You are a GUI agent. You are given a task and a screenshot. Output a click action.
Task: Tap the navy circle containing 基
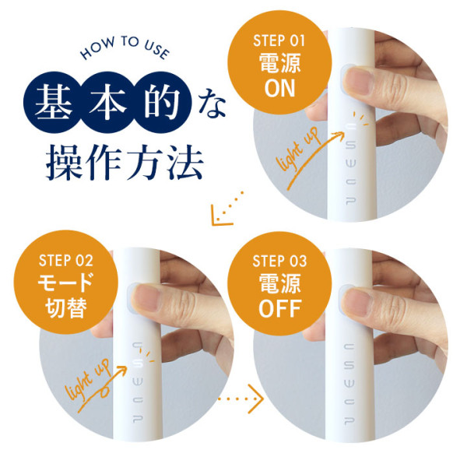(54, 102)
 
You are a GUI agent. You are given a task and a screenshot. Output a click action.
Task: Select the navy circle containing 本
(107, 102)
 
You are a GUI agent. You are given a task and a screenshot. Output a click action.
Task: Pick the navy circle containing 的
(162, 102)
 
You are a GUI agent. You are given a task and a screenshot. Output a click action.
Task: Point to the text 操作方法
(125, 162)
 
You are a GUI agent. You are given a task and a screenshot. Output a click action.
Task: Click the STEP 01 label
(279, 40)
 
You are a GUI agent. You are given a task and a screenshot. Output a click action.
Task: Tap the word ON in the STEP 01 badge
(279, 88)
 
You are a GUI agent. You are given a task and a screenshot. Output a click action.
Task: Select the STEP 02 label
(66, 261)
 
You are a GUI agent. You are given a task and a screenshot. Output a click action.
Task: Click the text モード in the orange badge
(66, 283)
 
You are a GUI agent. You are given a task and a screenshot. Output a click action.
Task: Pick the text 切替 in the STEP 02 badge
(66, 307)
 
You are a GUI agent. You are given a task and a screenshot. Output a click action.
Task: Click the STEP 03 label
(279, 262)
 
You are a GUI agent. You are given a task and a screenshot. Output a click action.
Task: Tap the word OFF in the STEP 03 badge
(280, 308)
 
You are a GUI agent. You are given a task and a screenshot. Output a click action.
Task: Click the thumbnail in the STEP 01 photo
(360, 80)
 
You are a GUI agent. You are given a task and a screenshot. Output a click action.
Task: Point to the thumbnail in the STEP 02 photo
(146, 297)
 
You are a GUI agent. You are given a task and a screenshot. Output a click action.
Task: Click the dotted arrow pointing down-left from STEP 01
(226, 209)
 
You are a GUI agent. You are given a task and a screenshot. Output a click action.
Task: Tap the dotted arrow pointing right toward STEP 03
(241, 399)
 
